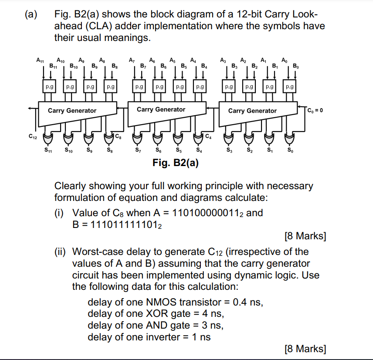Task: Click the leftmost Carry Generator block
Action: pyautogui.click(x=72, y=110)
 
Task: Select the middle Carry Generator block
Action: pyautogui.click(x=161, y=109)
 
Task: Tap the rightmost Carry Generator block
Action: pyautogui.click(x=252, y=111)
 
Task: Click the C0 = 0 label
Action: pyautogui.click(x=314, y=110)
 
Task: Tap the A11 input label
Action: pyautogui.click(x=40, y=60)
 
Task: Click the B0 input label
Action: pyautogui.click(x=296, y=66)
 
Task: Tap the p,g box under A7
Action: pyautogui.click(x=139, y=87)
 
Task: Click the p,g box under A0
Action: pyautogui.click(x=289, y=87)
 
